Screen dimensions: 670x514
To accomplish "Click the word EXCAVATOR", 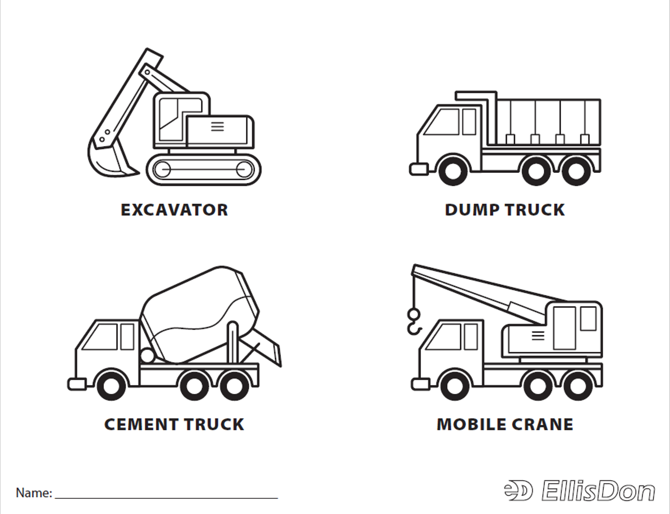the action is coord(174,210).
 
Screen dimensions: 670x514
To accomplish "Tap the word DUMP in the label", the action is coord(472,210).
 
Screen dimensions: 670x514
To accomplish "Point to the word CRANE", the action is coord(542,425).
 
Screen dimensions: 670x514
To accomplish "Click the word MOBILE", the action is coord(472,425).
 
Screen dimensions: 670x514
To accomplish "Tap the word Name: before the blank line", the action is coord(34,493).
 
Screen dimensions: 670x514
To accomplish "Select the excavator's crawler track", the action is coord(204,169).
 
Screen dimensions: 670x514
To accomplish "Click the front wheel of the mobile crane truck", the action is coord(456,386).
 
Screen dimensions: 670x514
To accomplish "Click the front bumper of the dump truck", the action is coord(419,169).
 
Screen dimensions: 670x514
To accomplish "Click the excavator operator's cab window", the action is coord(169,119).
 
